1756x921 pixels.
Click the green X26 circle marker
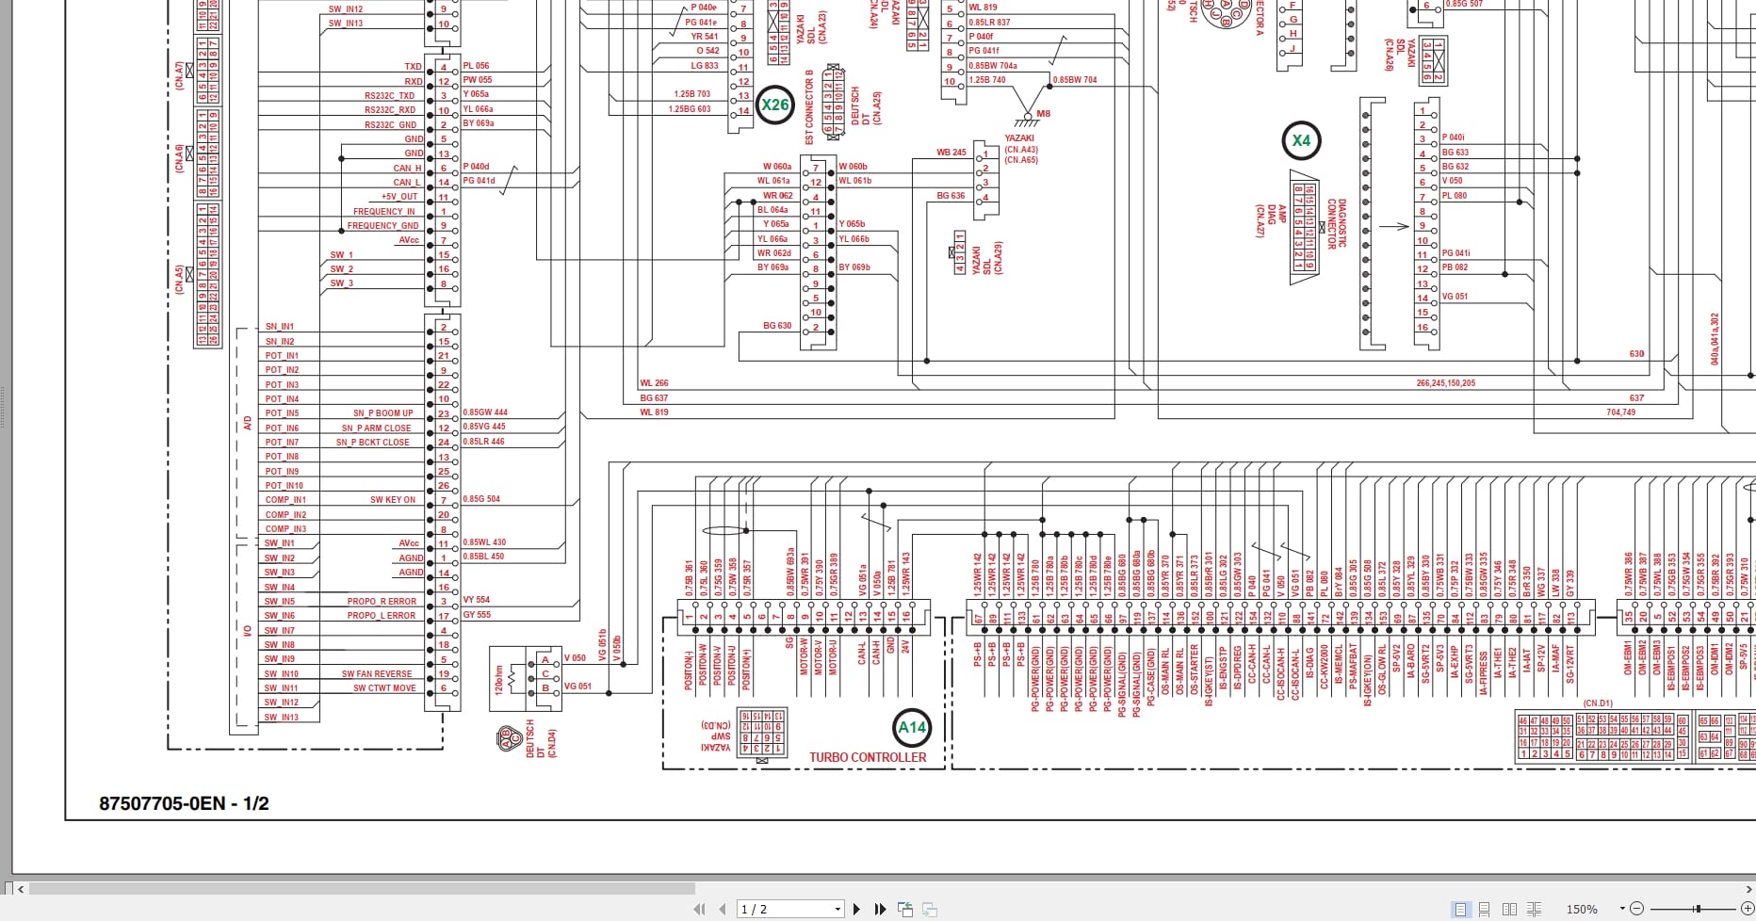tap(775, 105)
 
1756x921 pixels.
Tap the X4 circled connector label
tap(1301, 141)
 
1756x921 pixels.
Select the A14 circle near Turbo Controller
tap(912, 727)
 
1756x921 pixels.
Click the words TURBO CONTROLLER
tap(868, 757)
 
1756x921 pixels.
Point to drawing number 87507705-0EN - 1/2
tap(184, 803)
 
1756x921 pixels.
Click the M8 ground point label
tap(1043, 114)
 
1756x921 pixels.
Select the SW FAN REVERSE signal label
tap(377, 674)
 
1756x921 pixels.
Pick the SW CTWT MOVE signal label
tap(384, 688)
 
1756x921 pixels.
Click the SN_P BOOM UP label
tap(382, 413)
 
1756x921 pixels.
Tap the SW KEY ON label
tap(392, 500)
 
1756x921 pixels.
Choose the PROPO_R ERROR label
tap(381, 601)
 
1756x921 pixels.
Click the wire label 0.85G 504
tap(481, 499)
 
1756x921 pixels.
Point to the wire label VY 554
tap(477, 600)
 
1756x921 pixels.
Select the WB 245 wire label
tap(951, 153)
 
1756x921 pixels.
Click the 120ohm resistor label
tap(499, 679)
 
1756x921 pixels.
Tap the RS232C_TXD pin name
tap(389, 96)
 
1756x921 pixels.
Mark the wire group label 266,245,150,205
tap(1445, 383)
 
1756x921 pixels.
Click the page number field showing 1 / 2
tap(788, 909)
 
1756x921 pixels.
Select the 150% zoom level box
tap(1583, 909)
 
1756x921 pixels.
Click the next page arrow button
tap(856, 909)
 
